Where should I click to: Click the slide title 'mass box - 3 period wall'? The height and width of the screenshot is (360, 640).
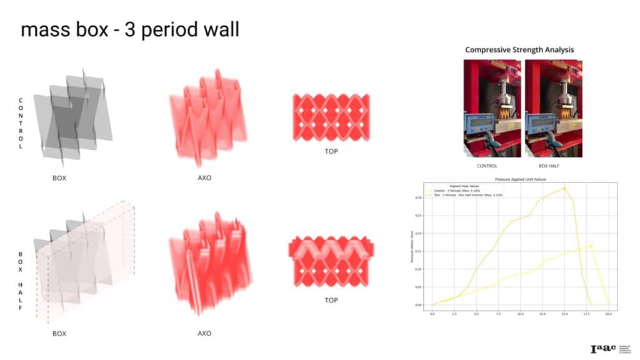point(130,29)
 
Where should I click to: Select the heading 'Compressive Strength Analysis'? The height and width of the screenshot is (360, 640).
point(519,49)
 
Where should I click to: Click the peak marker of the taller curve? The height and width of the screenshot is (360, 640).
point(564,188)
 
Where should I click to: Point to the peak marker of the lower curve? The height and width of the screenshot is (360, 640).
point(591,246)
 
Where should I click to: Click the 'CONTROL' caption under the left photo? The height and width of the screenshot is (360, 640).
point(487,166)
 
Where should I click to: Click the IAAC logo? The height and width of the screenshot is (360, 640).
point(602,348)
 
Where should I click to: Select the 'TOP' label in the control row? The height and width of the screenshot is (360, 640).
point(331,152)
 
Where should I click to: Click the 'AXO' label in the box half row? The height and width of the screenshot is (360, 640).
point(204,333)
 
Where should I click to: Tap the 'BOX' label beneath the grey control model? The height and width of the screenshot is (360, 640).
point(59,177)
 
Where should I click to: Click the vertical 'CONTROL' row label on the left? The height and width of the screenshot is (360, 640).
point(21,123)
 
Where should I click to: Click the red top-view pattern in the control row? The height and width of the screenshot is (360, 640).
point(331,117)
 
